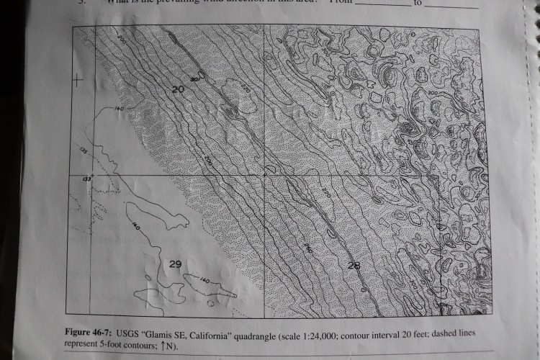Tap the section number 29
tap(175, 264)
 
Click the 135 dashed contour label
tap(84, 153)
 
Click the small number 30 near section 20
tap(194, 79)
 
